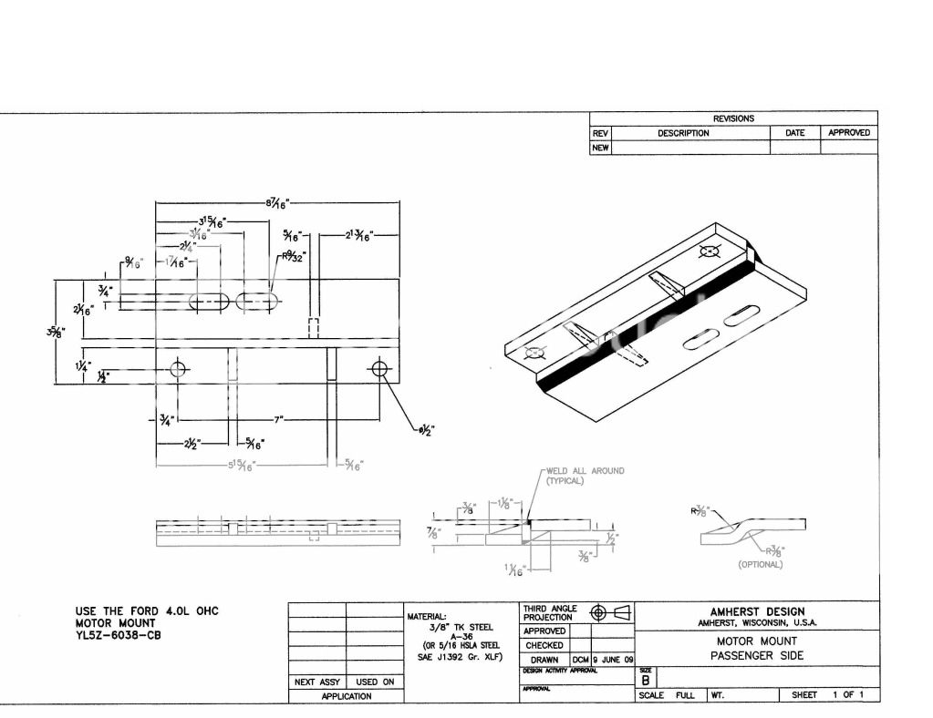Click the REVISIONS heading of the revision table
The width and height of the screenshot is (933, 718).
[x=733, y=118]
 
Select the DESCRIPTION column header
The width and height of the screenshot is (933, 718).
[x=683, y=133]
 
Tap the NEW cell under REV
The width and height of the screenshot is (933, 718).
[x=600, y=148]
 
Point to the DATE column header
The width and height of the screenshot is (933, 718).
[x=794, y=133]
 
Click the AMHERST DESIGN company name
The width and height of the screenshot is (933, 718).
[x=757, y=611]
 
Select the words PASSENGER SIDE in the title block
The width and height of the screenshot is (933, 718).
[x=757, y=656]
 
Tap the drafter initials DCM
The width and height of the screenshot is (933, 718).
[x=581, y=660]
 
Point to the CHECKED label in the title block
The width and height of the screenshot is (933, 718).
[x=544, y=645]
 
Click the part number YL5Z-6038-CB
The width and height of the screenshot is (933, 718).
[x=118, y=636]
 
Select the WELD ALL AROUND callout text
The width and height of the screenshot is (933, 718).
[x=585, y=471]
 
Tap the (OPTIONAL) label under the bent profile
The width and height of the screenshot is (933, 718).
[x=760, y=564]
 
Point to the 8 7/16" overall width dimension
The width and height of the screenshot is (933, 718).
[x=278, y=205]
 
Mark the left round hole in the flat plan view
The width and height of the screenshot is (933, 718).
[x=178, y=369]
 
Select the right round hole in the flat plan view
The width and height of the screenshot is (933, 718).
[x=378, y=369]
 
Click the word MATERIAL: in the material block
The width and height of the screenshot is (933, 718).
[x=426, y=616]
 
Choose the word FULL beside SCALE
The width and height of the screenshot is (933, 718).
[x=684, y=695]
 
